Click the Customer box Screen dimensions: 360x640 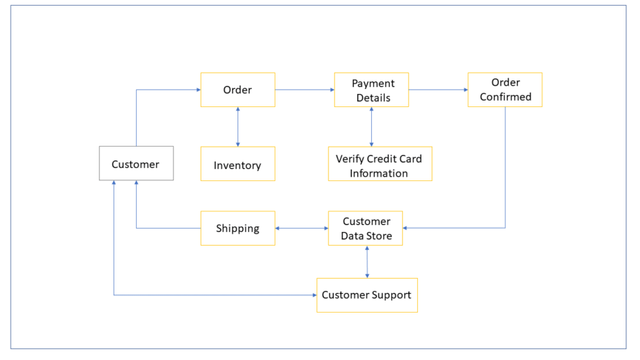coord(136,164)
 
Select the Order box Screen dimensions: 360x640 coord(237,90)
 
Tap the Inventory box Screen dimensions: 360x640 coord(237,165)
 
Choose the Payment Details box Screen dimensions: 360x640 coord(371,90)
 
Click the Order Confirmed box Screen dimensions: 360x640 coord(505,90)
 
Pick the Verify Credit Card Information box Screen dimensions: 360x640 coord(379,165)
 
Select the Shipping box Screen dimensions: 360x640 coord(237,229)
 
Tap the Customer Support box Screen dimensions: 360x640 coord(367,295)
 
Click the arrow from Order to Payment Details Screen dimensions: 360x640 coord(304,90)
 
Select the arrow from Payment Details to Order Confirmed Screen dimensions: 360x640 coord(438,90)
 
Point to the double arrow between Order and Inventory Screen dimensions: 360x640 coord(237,127)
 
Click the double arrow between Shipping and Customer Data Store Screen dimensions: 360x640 coord(301,229)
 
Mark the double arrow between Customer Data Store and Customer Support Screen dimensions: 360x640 coord(367,262)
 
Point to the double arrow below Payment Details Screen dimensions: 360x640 coord(371,127)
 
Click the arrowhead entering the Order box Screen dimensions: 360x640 coord(197,90)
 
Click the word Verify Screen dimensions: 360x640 coord(349,158)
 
